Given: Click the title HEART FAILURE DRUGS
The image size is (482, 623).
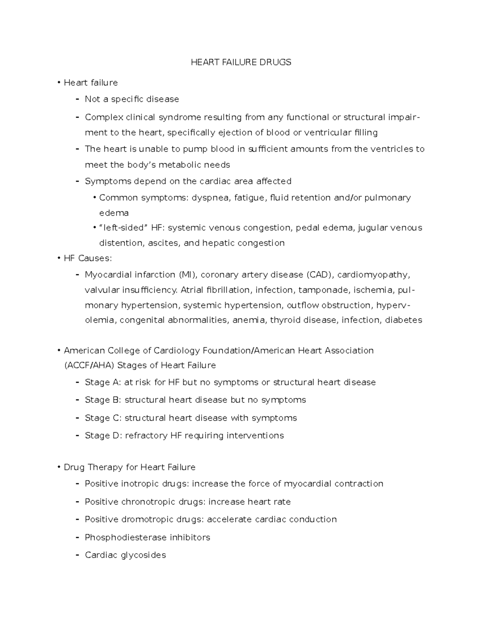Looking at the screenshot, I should pyautogui.click(x=241, y=62).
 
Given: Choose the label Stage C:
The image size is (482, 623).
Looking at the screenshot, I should pyautogui.click(x=103, y=418).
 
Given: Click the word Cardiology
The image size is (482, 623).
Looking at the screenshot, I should pyautogui.click(x=177, y=351).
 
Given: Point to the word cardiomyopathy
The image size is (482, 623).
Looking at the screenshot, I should pyautogui.click(x=374, y=275).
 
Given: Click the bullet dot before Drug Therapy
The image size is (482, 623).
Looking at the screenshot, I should pyautogui.click(x=59, y=468).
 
